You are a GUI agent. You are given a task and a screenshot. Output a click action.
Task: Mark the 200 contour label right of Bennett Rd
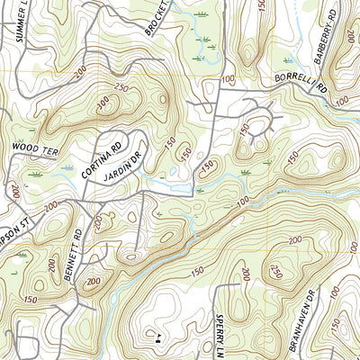[x=94, y=281]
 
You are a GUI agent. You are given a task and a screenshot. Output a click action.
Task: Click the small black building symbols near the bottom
[x=158, y=338]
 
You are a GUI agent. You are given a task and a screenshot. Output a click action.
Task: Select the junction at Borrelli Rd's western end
[x=218, y=90]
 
